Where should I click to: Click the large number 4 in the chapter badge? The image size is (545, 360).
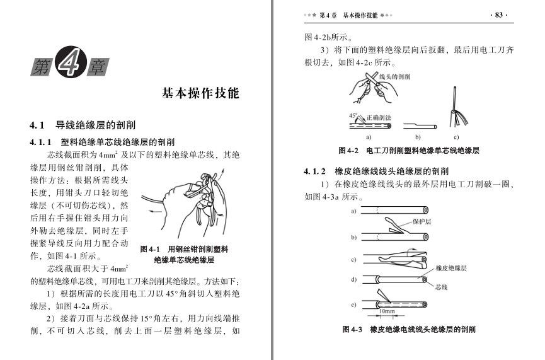[x=71, y=62]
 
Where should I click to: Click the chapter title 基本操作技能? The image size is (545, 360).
[x=200, y=93]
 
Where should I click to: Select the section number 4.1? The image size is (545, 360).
[x=37, y=125]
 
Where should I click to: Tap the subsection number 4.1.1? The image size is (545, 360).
[x=40, y=142]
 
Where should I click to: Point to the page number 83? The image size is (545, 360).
[x=499, y=15]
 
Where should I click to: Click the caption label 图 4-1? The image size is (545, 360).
[x=150, y=249]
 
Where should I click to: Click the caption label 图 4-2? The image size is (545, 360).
[x=348, y=151]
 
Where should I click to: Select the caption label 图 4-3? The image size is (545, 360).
[x=352, y=329]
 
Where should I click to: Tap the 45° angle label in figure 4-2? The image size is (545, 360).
[x=353, y=115]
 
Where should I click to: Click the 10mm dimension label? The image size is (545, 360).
[x=387, y=311]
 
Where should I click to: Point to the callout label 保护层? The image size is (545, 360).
[x=422, y=221]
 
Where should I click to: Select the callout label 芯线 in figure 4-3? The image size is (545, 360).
[x=442, y=287]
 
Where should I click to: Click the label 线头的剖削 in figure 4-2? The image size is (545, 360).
[x=394, y=76]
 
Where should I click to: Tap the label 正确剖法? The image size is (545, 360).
[x=379, y=117]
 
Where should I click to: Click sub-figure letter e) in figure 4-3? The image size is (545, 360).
[x=353, y=305]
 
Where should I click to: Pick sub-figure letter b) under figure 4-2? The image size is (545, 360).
[x=418, y=137]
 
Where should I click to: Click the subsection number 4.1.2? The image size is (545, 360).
[x=314, y=171]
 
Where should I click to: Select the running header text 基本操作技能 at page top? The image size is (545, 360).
[x=360, y=15]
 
